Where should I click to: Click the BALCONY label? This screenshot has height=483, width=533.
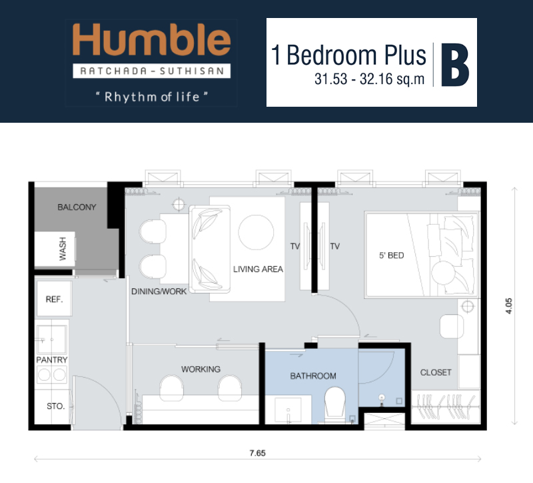tap(77, 207)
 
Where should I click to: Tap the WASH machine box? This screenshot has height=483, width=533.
tap(55, 249)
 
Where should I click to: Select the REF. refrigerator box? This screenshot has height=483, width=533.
tap(55, 298)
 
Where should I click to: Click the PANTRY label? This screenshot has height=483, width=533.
tap(52, 360)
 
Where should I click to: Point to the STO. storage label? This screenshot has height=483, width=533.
tap(56, 406)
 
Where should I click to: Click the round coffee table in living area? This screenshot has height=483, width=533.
tap(256, 232)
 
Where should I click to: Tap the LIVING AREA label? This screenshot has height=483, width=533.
tap(258, 270)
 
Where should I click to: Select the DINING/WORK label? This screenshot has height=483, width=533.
tap(159, 292)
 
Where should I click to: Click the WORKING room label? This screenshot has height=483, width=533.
tap(201, 370)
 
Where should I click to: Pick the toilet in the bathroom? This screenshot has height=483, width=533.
tap(335, 404)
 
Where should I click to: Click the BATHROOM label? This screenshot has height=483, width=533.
tap(313, 376)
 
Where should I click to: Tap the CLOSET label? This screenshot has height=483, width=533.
tap(436, 373)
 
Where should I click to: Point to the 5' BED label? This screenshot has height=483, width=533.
tap(392, 256)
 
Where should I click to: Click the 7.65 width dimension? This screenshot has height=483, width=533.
tap(257, 453)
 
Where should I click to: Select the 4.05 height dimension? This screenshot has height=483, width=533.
tap(508, 306)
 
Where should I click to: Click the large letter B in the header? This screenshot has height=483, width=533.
tap(455, 65)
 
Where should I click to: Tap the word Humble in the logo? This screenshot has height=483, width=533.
tap(152, 39)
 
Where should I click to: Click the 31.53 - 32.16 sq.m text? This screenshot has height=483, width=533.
tap(370, 79)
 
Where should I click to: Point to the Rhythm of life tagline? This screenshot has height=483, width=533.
tap(152, 97)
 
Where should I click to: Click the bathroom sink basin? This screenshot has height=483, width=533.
tap(288, 410)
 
